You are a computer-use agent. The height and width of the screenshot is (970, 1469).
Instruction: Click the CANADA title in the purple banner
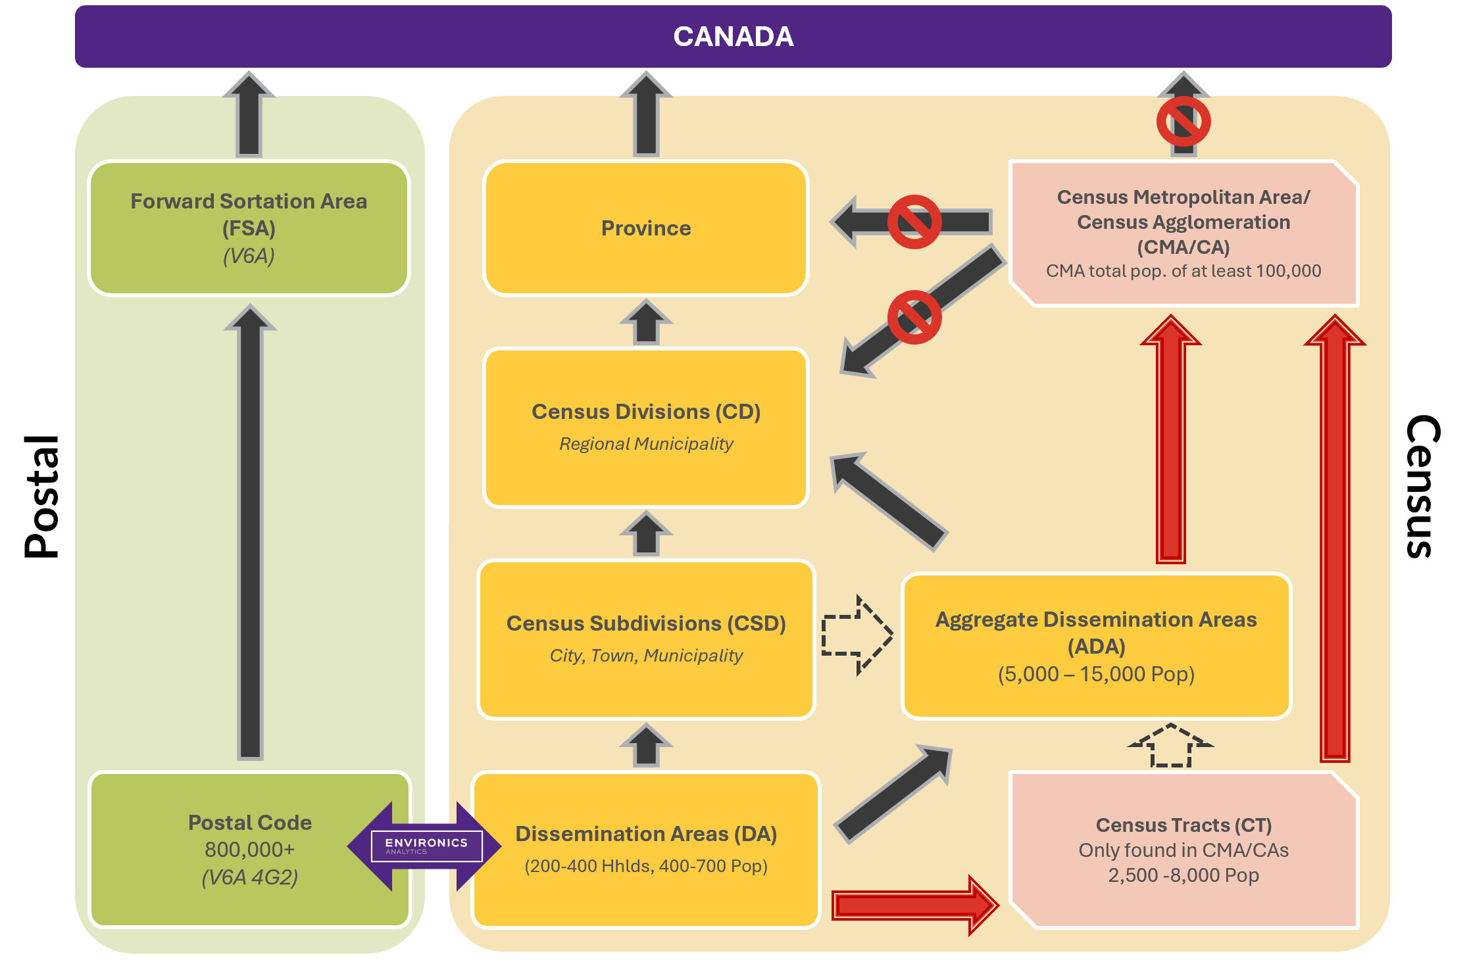733,37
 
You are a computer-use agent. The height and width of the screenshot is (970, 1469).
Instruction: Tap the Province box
645,228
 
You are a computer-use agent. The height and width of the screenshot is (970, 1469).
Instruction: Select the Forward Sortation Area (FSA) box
249,228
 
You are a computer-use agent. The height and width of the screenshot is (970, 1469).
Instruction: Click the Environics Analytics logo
426,846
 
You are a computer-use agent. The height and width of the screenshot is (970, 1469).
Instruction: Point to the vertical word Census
1422,487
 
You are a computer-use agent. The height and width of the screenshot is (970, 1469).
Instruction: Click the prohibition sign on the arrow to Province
914,222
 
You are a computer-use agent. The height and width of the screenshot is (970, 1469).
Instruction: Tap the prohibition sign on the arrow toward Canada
1183,122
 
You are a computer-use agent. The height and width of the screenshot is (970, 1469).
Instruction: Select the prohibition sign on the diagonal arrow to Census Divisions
914,317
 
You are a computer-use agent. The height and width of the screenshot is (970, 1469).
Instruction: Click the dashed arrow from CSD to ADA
857,635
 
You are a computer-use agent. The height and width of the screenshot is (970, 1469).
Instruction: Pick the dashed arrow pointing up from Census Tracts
1170,746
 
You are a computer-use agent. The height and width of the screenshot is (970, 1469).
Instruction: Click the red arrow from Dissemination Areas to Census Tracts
914,905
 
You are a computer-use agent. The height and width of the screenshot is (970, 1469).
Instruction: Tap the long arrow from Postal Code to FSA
250,533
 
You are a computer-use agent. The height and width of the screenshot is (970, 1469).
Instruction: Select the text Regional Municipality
645,444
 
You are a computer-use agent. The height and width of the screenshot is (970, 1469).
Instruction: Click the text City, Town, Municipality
645,656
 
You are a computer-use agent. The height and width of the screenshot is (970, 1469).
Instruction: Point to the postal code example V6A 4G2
249,877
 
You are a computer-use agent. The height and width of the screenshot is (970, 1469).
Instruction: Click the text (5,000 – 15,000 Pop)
1096,674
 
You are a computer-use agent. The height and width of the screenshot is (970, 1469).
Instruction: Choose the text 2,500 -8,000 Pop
1183,875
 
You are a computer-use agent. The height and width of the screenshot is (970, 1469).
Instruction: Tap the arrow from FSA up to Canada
249,114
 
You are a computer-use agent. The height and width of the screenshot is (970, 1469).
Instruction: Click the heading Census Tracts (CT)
1183,825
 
